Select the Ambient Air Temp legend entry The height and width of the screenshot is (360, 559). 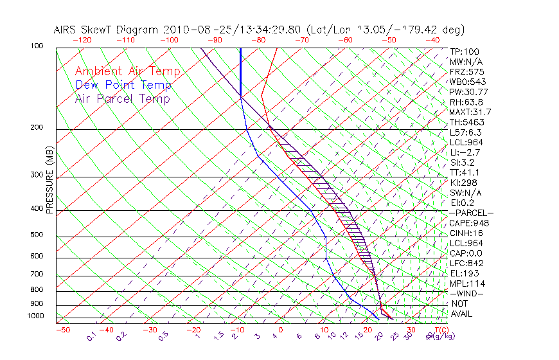click(127, 71)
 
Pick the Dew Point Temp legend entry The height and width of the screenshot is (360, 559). click(123, 85)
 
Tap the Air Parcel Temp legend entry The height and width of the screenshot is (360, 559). click(122, 98)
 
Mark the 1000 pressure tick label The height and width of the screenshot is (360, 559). click(37, 316)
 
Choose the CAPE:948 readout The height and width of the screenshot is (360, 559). click(470, 223)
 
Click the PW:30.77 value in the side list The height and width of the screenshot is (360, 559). click(470, 91)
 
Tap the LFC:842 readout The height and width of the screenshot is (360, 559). click(467, 264)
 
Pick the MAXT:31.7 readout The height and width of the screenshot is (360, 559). click(472, 112)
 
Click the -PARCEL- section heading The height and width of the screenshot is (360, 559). click(471, 213)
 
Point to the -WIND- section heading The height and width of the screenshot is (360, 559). click(467, 293)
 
